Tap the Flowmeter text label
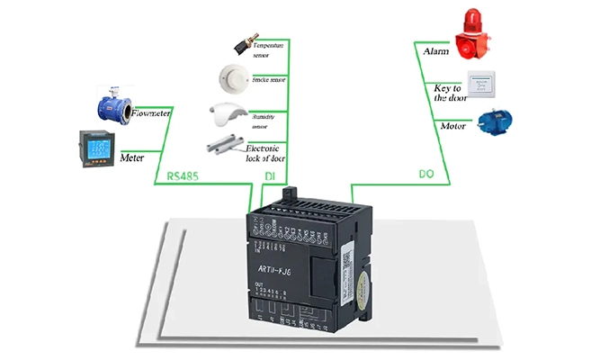pyautogui.click(x=152, y=114)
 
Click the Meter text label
pyautogui.click(x=132, y=158)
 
